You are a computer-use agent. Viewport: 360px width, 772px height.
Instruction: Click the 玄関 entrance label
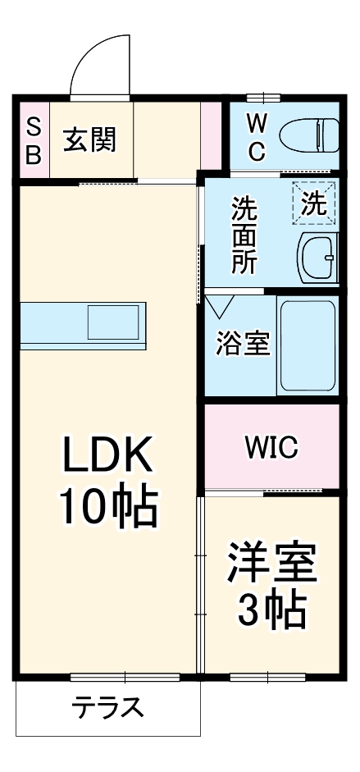[x=90, y=139]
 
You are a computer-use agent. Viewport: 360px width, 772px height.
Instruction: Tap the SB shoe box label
[x=33, y=140]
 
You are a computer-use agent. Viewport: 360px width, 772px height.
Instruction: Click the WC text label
[x=257, y=137]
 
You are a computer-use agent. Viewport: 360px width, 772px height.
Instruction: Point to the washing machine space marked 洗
[x=314, y=203]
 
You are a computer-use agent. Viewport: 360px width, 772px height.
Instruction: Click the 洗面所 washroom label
[x=244, y=235]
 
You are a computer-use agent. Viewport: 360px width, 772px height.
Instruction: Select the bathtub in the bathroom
[x=308, y=345]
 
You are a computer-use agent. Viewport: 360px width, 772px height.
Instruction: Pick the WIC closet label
[x=271, y=447]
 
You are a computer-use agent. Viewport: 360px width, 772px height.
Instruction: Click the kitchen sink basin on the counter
[x=116, y=321]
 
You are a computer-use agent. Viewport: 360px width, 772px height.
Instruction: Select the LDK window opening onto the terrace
[x=125, y=677]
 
